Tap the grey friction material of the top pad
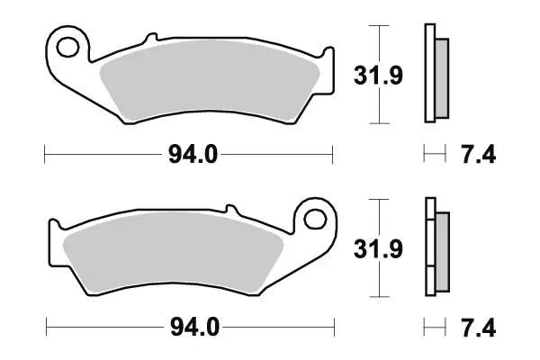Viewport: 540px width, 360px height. (211, 86)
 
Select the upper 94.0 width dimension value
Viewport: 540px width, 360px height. (191, 155)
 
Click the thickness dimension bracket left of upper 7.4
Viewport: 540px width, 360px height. (435, 155)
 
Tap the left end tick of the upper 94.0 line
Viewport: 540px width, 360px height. (45, 155)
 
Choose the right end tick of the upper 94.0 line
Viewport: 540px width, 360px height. (334, 155)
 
